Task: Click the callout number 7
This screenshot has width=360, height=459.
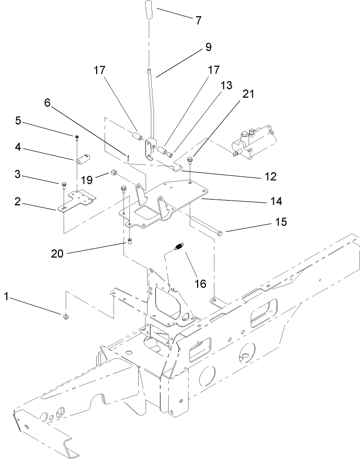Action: click(198, 21)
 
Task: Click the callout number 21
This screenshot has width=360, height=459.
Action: click(248, 93)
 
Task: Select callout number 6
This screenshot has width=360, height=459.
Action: click(47, 103)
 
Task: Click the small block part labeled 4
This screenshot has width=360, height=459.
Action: click(83, 157)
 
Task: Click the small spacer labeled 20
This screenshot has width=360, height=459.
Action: click(128, 241)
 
